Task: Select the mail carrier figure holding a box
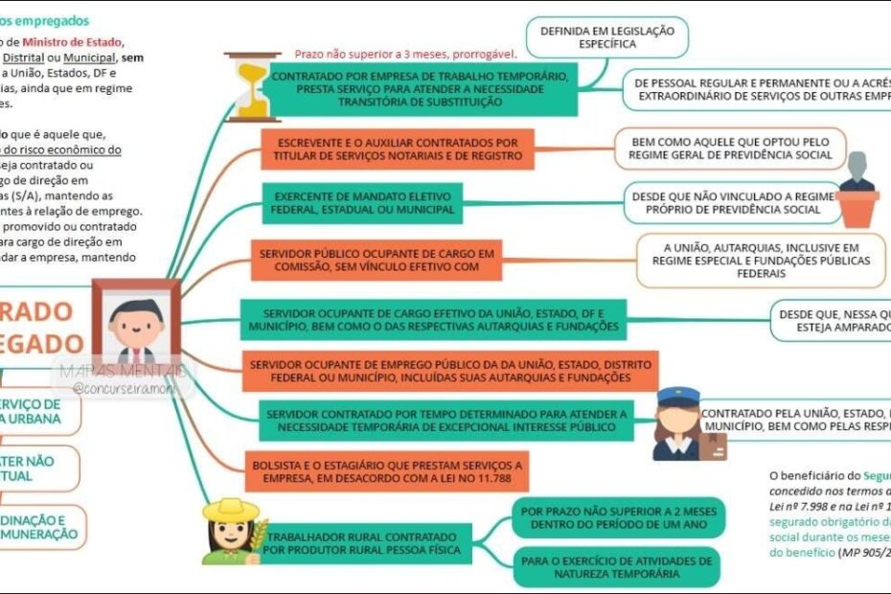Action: pyautogui.click(x=678, y=423)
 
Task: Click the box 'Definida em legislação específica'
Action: pyautogui.click(x=606, y=37)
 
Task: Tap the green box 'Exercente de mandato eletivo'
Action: pyautogui.click(x=363, y=201)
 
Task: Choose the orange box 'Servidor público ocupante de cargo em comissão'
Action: pyautogui.click(x=377, y=260)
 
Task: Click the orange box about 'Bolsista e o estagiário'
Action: pyautogui.click(x=387, y=471)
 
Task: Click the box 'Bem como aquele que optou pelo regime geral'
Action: pyautogui.click(x=730, y=148)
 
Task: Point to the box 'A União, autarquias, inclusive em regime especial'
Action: pyautogui.click(x=761, y=260)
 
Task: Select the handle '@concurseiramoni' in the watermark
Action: pyautogui.click(x=125, y=390)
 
